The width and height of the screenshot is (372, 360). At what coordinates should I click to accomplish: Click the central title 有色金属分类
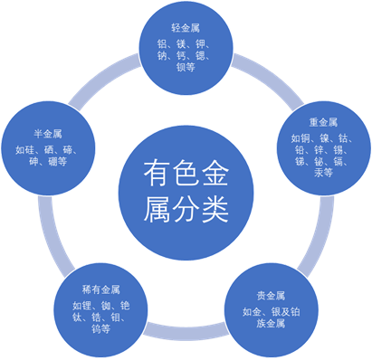point(186,189)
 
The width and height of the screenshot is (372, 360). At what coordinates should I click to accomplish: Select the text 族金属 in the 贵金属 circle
point(272,325)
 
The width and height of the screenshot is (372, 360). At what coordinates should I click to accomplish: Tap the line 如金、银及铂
point(272,311)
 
